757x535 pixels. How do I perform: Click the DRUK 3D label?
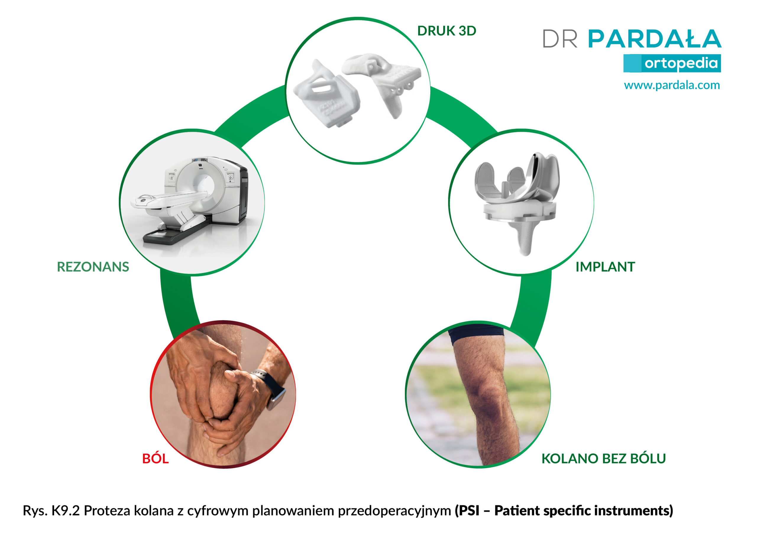click(x=447, y=31)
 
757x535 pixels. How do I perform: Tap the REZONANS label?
click(x=93, y=267)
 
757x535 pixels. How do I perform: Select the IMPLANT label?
click(x=605, y=267)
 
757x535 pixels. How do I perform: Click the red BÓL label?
click(x=155, y=458)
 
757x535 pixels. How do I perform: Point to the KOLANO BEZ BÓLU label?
click(x=603, y=458)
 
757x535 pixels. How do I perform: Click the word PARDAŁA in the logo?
click(x=655, y=39)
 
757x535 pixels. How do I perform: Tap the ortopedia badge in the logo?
click(x=672, y=63)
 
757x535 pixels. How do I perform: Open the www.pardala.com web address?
click(x=672, y=85)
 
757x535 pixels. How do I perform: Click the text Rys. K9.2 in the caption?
click(x=51, y=510)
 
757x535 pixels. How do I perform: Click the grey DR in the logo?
click(x=560, y=39)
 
